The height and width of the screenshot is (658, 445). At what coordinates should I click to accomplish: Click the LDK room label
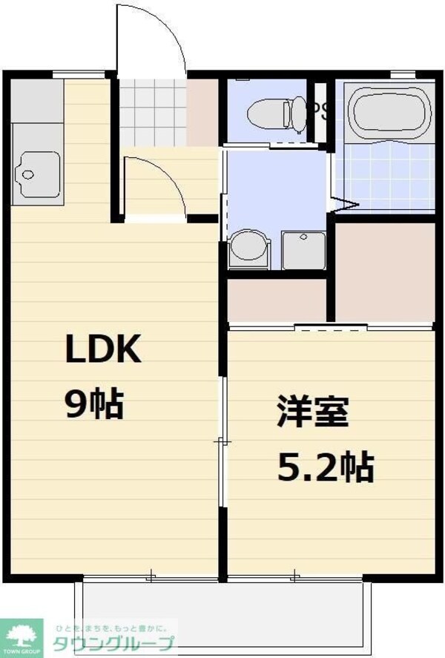(104, 349)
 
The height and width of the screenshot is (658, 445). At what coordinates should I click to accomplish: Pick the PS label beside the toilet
(320, 111)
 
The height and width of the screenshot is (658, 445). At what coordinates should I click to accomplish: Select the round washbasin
(248, 247)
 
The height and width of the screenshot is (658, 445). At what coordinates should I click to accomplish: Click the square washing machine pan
(303, 250)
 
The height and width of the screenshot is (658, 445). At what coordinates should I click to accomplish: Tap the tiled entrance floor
(152, 113)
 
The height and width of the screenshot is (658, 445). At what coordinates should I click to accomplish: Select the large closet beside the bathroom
(384, 272)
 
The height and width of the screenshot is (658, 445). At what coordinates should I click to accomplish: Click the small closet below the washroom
(277, 301)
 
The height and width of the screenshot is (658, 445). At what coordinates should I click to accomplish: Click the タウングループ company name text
(112, 643)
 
